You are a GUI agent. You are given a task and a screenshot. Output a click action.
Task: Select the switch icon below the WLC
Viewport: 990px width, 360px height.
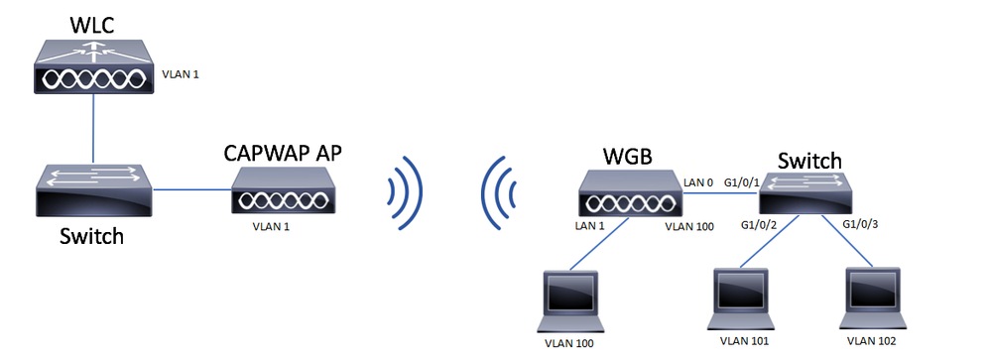point(93,191)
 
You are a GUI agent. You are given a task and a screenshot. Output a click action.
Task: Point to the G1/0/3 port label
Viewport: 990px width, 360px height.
point(861,226)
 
